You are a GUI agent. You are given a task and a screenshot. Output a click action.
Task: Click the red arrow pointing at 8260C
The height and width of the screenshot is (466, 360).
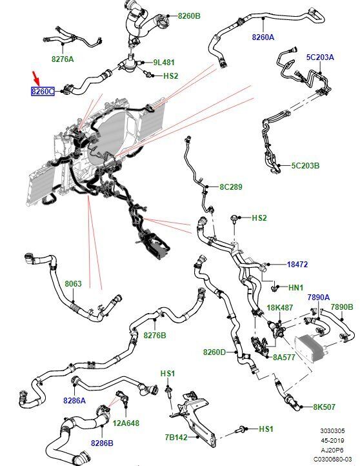coord(36,78)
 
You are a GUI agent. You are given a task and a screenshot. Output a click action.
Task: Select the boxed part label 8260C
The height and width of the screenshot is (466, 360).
coord(43,92)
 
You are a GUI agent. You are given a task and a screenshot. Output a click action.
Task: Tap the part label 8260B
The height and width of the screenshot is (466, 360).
coord(189,15)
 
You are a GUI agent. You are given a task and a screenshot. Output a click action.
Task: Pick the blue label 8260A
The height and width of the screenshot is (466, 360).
coord(263,37)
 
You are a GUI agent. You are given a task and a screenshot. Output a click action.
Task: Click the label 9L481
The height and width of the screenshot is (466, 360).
coord(164,63)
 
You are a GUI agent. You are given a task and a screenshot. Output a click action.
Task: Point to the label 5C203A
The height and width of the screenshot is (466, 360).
coord(320,57)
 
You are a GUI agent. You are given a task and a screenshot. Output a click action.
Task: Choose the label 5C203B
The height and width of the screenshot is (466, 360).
coord(305,165)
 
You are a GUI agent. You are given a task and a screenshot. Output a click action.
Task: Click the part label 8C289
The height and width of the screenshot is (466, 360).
coord(231,187)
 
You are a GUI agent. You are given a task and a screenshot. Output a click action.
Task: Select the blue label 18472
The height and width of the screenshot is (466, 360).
coord(297,264)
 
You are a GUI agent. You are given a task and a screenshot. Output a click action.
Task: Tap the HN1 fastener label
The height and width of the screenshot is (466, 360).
coord(295,287)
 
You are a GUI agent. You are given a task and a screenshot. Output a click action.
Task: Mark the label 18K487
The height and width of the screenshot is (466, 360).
coord(279,308)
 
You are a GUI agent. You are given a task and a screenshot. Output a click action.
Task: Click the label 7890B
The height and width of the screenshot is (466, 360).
coord(342,307)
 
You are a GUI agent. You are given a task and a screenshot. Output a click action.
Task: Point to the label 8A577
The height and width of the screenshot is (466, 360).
coord(284,357)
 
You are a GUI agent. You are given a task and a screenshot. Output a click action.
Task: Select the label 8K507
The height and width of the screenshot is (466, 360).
coord(324,407)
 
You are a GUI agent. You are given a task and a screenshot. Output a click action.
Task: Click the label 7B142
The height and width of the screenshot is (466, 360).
coord(176,437)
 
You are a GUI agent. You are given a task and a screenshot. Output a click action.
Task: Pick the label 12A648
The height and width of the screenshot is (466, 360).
coord(126,423)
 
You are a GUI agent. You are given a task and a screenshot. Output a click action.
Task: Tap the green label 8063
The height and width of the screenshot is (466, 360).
coord(73,284)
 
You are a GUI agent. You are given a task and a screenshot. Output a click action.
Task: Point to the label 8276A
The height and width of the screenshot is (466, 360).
coord(63,59)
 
